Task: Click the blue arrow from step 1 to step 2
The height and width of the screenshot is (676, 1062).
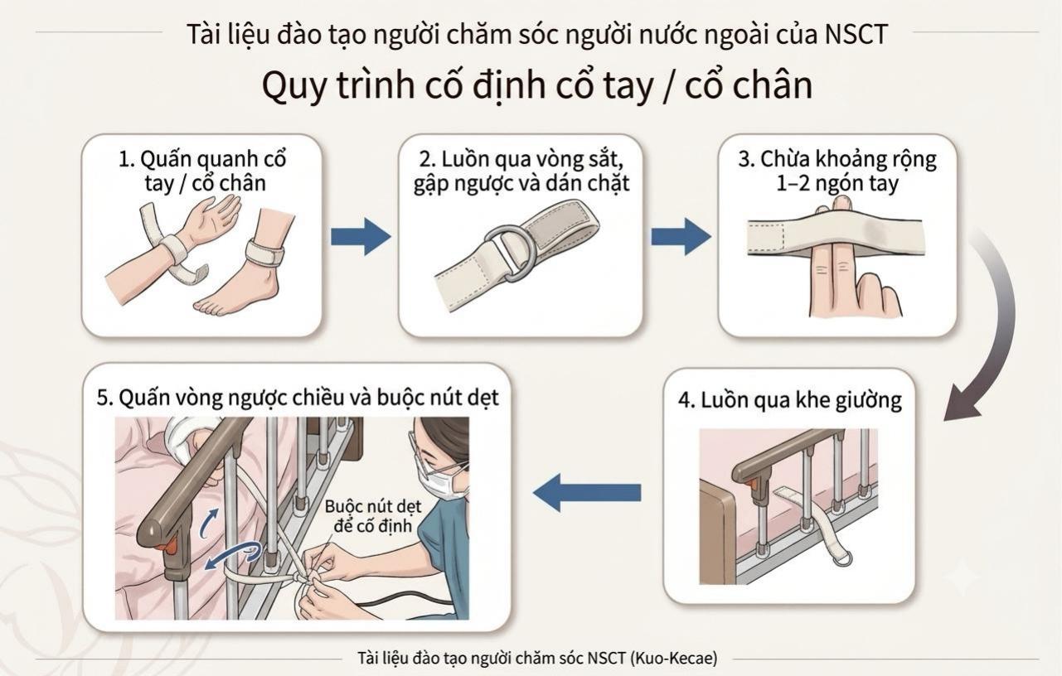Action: point(361,236)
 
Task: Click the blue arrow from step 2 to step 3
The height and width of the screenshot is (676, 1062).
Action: point(681,236)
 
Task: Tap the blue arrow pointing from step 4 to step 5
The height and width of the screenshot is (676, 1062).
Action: point(587,493)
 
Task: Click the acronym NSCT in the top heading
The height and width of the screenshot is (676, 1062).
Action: point(856,35)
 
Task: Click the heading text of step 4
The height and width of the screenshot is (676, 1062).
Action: point(790,400)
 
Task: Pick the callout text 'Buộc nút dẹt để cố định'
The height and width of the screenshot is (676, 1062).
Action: point(373,516)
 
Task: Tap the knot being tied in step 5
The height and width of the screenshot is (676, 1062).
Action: point(300,577)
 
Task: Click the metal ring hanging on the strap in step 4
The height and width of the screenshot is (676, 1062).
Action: point(841,560)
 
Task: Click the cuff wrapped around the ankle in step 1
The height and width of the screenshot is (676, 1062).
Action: point(264,251)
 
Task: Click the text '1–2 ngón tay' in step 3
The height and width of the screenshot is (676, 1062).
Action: point(837,183)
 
